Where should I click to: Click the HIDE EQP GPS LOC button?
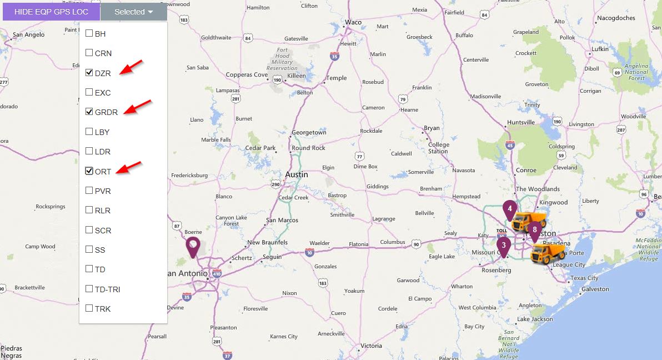(x=51, y=12)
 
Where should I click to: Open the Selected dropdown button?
(x=133, y=12)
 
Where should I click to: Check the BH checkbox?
(x=89, y=33)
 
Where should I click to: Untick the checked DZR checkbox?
(x=89, y=73)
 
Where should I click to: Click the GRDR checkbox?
(x=89, y=112)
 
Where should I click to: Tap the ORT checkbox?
(x=89, y=171)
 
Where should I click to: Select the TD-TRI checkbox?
(x=89, y=289)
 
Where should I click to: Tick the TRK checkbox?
(x=89, y=308)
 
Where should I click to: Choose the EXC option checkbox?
(x=89, y=92)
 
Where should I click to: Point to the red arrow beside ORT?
(x=129, y=167)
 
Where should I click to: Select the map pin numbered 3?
(x=504, y=246)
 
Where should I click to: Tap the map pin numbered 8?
(x=534, y=231)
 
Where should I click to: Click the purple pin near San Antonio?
(x=193, y=246)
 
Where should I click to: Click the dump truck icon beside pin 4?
(x=529, y=221)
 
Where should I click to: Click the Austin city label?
(x=296, y=174)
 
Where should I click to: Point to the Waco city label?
(x=353, y=23)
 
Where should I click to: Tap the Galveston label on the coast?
(x=595, y=289)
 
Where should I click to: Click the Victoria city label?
(x=371, y=346)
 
